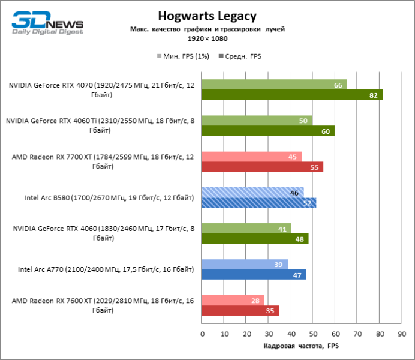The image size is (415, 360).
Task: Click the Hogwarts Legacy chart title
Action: (x=207, y=16)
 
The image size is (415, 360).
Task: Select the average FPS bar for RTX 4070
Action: (x=292, y=95)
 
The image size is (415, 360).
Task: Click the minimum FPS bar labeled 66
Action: (x=274, y=85)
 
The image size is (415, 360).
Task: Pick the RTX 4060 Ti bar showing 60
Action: (x=268, y=131)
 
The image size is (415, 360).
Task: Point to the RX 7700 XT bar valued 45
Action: (x=252, y=157)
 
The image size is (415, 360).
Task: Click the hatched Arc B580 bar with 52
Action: (x=259, y=203)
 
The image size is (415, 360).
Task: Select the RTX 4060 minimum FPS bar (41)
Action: (x=246, y=229)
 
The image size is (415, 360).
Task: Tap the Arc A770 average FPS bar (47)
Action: (x=254, y=274)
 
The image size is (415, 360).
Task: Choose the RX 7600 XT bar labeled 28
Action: (x=233, y=300)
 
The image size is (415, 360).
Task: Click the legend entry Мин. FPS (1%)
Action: (x=181, y=56)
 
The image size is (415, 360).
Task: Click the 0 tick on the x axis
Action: (x=202, y=333)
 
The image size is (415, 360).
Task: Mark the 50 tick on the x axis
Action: (x=312, y=333)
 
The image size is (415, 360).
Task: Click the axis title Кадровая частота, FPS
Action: (x=301, y=346)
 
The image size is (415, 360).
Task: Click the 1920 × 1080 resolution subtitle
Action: (x=207, y=38)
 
